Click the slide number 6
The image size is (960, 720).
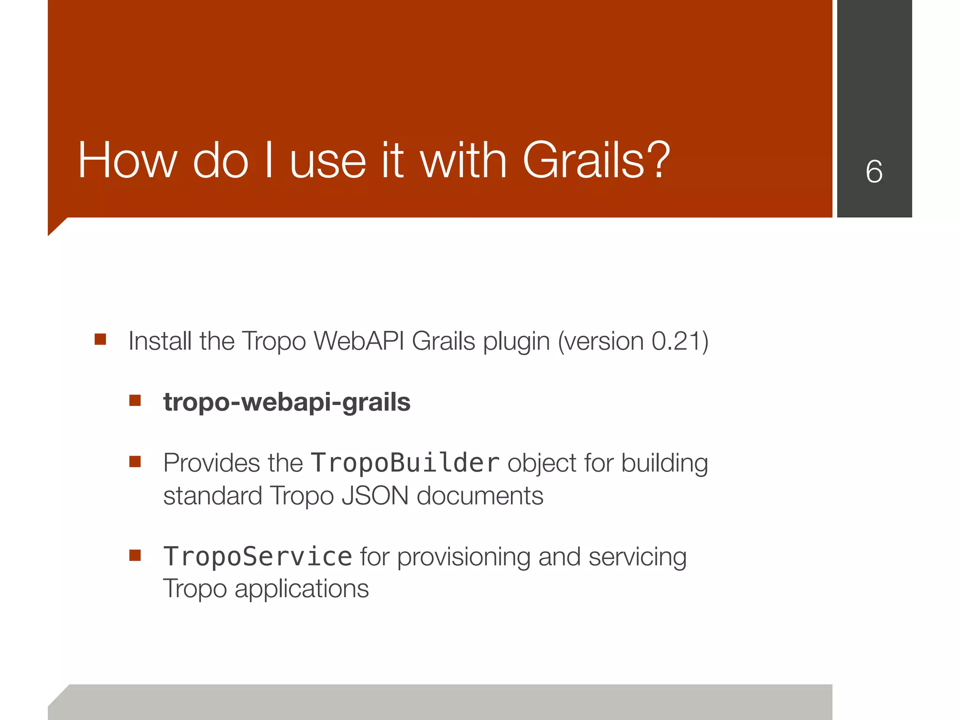(874, 172)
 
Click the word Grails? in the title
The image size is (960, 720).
(596, 161)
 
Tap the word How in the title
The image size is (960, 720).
(127, 161)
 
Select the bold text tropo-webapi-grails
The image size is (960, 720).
(286, 402)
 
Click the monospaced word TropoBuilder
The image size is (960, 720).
(405, 463)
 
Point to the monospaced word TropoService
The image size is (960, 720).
(257, 557)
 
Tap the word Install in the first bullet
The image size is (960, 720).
(160, 341)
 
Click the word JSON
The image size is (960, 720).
(375, 496)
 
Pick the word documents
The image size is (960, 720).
(480, 496)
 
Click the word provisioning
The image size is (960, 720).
(464, 558)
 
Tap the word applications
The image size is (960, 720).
(301, 589)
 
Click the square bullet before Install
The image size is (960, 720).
(100, 339)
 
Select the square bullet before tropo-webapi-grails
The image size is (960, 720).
(135, 400)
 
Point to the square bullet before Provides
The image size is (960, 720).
(135, 462)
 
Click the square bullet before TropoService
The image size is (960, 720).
(135, 555)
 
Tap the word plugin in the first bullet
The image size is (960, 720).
(516, 342)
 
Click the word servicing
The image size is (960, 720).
(637, 558)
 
